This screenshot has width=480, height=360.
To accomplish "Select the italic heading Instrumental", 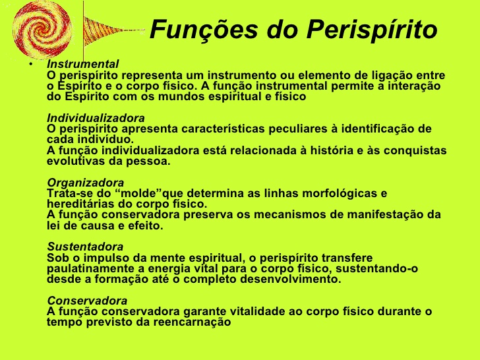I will point(83,65).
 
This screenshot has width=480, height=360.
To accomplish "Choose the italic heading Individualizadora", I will point(96,118).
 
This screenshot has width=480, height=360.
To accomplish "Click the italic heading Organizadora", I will point(86,183).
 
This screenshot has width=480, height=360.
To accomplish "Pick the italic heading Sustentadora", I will point(85,247).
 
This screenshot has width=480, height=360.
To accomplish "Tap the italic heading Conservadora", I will point(87,301).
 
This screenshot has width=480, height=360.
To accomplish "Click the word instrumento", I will point(242,75).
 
